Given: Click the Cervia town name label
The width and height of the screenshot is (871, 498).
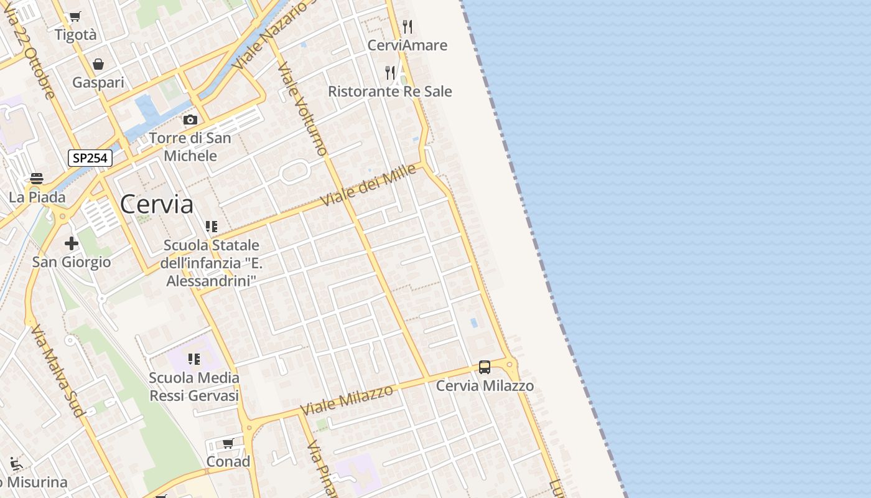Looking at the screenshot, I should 156,204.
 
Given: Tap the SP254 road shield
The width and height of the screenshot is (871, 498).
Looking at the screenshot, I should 90,158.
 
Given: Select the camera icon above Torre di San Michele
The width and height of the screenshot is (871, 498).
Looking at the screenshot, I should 190,120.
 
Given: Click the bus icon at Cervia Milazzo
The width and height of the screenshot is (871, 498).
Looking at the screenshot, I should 485,367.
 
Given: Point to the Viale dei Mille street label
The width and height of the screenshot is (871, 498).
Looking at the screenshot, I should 368,185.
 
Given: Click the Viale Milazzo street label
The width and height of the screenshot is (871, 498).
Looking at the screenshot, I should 347,400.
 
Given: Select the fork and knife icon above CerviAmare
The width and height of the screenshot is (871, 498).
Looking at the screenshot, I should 408,26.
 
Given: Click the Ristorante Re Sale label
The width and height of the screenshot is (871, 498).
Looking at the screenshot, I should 390,92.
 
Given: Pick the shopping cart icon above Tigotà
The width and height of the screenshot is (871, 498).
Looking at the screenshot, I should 75,17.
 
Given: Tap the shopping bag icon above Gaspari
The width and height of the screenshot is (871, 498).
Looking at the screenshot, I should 98,64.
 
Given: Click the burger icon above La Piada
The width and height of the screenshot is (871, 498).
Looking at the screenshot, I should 37,179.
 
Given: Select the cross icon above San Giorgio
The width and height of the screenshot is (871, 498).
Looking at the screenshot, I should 72,243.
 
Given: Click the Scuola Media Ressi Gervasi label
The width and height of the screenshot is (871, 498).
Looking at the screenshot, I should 194,387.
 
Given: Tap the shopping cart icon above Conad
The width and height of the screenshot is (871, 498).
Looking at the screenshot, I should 228,443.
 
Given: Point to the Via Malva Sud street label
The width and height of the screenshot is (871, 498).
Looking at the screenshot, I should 57,370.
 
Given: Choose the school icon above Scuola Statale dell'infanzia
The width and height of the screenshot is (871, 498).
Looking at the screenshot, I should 212,227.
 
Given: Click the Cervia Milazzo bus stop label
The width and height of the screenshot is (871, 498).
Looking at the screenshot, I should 485,386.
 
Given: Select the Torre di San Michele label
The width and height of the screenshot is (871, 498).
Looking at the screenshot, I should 190,147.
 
